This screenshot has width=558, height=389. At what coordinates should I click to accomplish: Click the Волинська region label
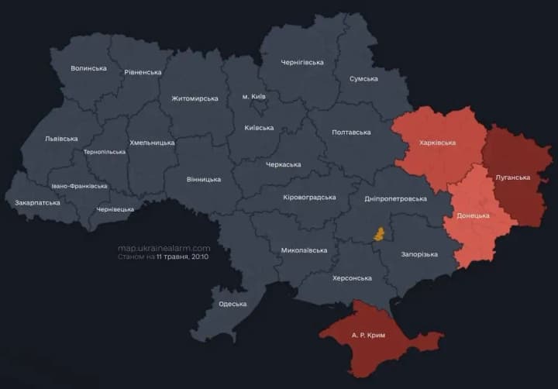point(88,68)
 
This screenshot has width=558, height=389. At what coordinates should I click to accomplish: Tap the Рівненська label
point(143,72)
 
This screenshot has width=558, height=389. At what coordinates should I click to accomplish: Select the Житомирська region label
point(195,98)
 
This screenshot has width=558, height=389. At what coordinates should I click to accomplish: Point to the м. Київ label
point(253,96)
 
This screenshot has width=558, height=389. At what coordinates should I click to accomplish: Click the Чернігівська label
point(302,62)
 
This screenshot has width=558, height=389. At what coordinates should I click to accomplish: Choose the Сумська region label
point(363,78)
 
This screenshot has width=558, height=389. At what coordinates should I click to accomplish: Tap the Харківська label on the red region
point(437,143)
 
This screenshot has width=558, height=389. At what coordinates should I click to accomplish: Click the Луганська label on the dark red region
point(512,177)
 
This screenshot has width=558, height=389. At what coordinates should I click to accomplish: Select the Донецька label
point(473,215)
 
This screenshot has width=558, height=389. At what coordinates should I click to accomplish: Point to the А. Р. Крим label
point(367,335)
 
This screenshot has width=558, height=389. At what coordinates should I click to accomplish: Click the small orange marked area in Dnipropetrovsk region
point(380,234)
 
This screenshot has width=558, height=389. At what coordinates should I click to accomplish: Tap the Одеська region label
point(232,304)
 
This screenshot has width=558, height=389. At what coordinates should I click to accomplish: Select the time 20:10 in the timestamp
point(198,256)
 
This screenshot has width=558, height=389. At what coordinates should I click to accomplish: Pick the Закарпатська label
point(37,203)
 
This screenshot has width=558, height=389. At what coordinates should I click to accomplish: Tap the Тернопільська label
point(104,152)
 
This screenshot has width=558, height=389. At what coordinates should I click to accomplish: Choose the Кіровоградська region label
point(309,197)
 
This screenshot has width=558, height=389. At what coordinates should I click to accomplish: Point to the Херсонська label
point(352,277)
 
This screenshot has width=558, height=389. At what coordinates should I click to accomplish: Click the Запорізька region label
point(419,254)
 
